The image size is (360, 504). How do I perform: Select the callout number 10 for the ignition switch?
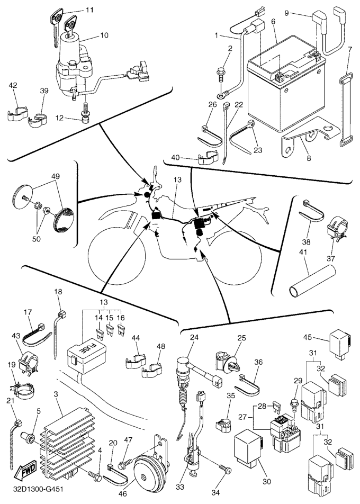click(x=103, y=35)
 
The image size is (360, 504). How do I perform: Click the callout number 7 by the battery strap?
click(x=350, y=49)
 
